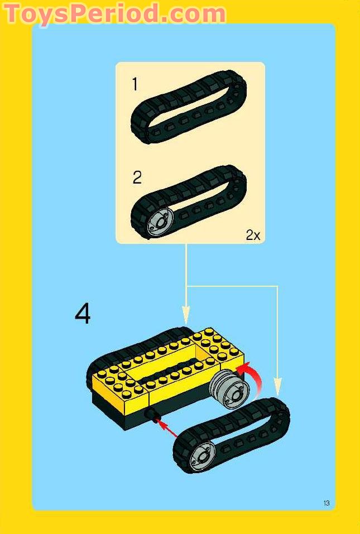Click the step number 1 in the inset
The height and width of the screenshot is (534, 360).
(x=135, y=85)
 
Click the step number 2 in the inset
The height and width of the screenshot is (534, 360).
(x=137, y=178)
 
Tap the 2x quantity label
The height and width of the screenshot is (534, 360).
(x=253, y=235)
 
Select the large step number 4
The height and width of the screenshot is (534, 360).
(x=83, y=314)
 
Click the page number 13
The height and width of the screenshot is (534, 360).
(x=327, y=503)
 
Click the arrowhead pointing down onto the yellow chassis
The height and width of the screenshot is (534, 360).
(x=186, y=314)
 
